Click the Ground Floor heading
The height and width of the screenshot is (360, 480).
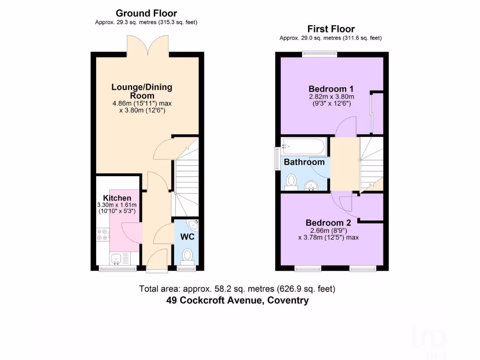pyautogui.click(x=146, y=13)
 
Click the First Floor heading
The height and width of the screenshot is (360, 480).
pyautogui.click(x=331, y=29)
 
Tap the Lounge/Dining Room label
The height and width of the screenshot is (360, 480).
pyautogui.click(x=142, y=91)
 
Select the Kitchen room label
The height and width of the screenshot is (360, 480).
pyautogui.click(x=117, y=198)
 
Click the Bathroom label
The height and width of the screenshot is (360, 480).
pyautogui.click(x=304, y=162)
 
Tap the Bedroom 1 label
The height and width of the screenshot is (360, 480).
pyautogui.click(x=331, y=89)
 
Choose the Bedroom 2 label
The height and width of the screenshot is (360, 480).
pyautogui.click(x=328, y=223)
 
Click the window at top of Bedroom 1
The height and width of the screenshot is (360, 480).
pyautogui.click(x=319, y=53)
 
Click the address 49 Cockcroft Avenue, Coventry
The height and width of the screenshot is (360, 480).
pyautogui.click(x=237, y=300)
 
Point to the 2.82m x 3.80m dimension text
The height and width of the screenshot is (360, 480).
pyautogui.click(x=331, y=97)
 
